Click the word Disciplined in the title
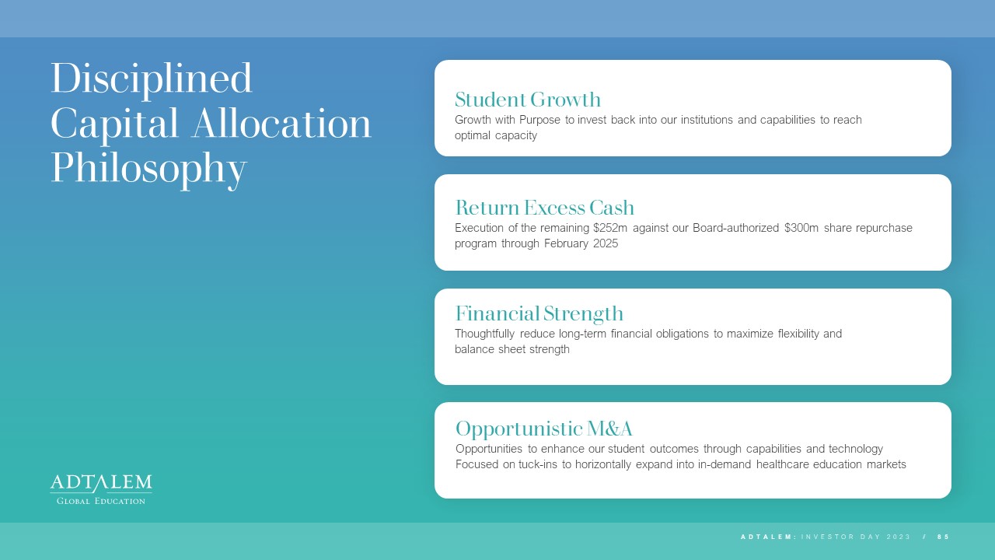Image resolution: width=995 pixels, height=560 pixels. pos(152,80)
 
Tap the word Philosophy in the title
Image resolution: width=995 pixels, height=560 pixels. pos(148,170)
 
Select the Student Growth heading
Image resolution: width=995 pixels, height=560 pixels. pos(528,100)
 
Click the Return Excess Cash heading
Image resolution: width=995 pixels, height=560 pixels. pos(545,208)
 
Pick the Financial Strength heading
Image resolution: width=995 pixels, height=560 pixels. pos(539,314)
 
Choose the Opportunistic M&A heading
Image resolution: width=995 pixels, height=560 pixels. pos(543,429)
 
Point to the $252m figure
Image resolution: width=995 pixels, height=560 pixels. pos(610,228)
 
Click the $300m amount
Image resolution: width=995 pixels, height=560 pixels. pos(801,228)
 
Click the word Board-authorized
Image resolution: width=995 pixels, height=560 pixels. pos(735,228)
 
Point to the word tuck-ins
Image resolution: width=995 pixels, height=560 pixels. pos(537,464)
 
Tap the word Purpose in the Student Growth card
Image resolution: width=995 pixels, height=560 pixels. pos(539,120)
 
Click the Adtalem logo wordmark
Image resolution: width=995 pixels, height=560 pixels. pos(101,483)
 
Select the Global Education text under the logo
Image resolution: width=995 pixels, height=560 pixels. pos(101,501)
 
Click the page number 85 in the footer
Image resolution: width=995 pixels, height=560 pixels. pos(944,537)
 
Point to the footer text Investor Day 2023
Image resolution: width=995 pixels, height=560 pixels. pos(856,537)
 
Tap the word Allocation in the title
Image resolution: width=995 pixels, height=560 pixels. pos(281,124)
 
